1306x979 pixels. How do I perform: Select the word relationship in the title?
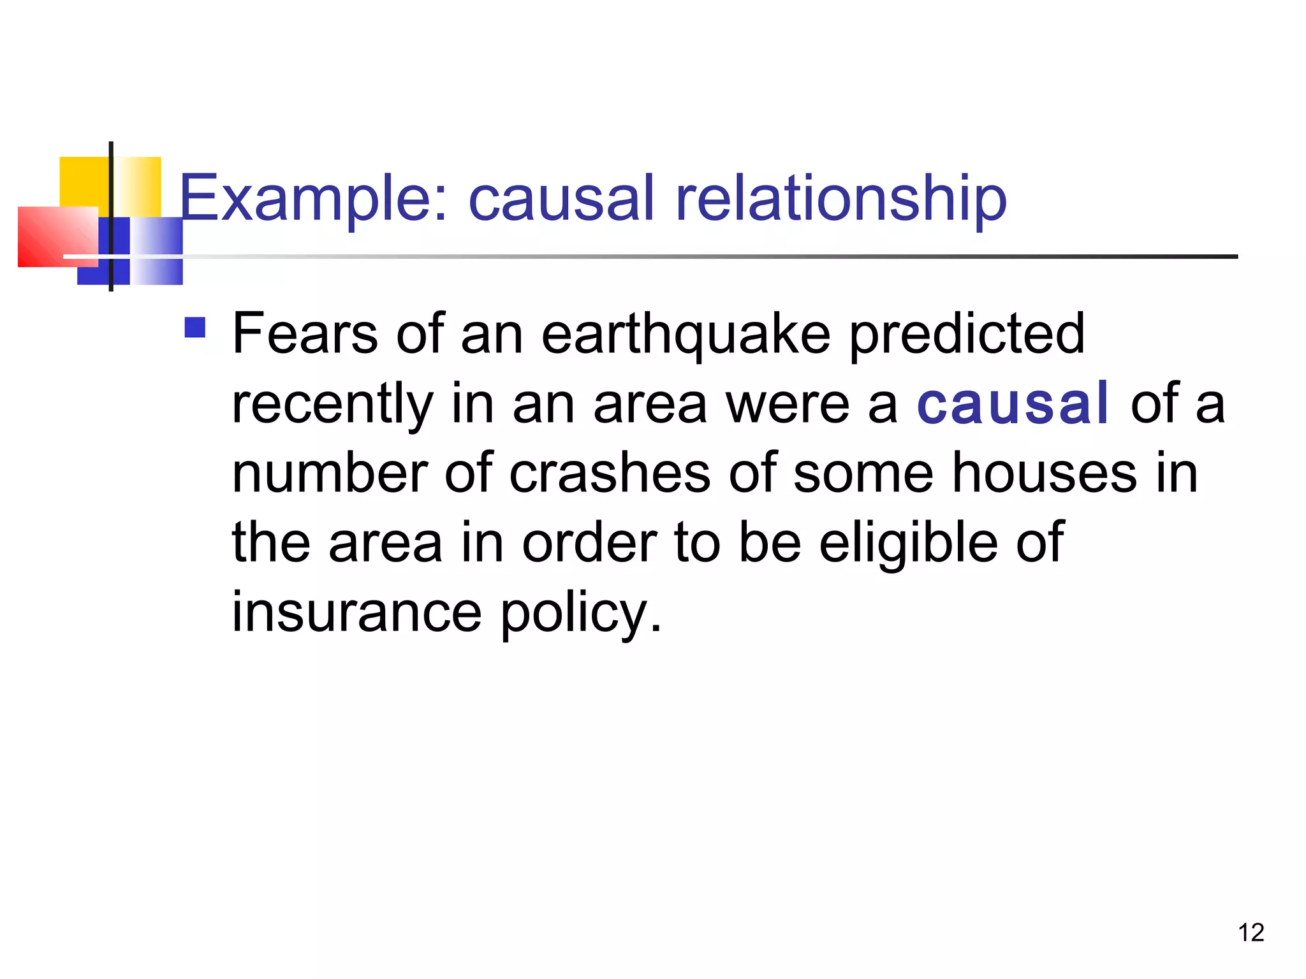pyautogui.click(x=840, y=199)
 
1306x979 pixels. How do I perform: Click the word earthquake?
pyautogui.click(x=686, y=334)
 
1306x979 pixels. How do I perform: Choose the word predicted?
pyautogui.click(x=967, y=334)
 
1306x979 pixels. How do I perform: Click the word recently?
pyautogui.click(x=332, y=404)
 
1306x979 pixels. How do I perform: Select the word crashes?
pyautogui.click(x=610, y=473)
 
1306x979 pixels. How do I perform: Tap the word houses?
pyautogui.click(x=1045, y=473)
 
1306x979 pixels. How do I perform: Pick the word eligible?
pyautogui.click(x=908, y=543)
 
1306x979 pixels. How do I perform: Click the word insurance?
pyautogui.click(x=356, y=612)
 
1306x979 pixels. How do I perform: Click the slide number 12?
pyautogui.click(x=1251, y=932)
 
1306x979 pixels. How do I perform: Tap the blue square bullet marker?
pyautogui.click(x=194, y=328)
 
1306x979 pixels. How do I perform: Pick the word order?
pyautogui.click(x=589, y=543)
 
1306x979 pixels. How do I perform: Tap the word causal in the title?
pyautogui.click(x=561, y=199)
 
